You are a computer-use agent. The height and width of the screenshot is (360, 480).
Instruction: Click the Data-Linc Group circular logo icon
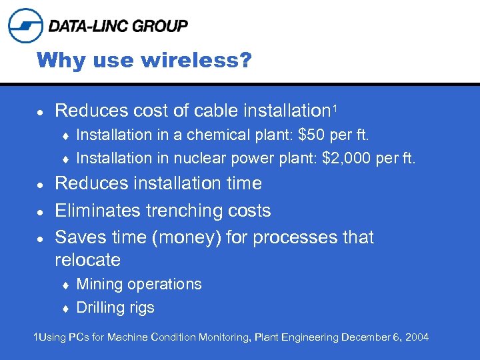pos(25,25)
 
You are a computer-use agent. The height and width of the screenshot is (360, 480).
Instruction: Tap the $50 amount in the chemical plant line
pos(313,135)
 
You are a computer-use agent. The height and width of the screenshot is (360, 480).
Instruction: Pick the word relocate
pos(87,259)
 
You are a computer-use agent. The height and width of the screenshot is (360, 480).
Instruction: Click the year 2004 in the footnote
pos(417,337)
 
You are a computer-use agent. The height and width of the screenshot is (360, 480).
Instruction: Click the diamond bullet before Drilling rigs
pos(66,308)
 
